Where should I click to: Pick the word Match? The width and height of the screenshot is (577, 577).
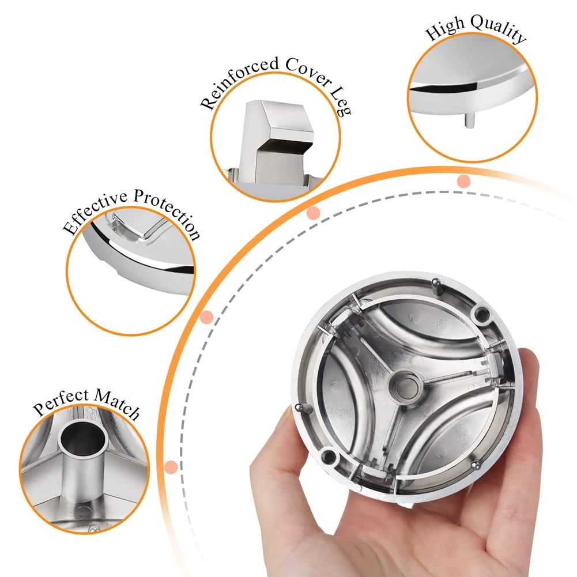coord(118,403)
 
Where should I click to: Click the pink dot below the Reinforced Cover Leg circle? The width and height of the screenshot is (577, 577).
coord(313,213)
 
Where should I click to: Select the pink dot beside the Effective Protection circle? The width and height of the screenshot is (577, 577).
coord(207,316)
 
